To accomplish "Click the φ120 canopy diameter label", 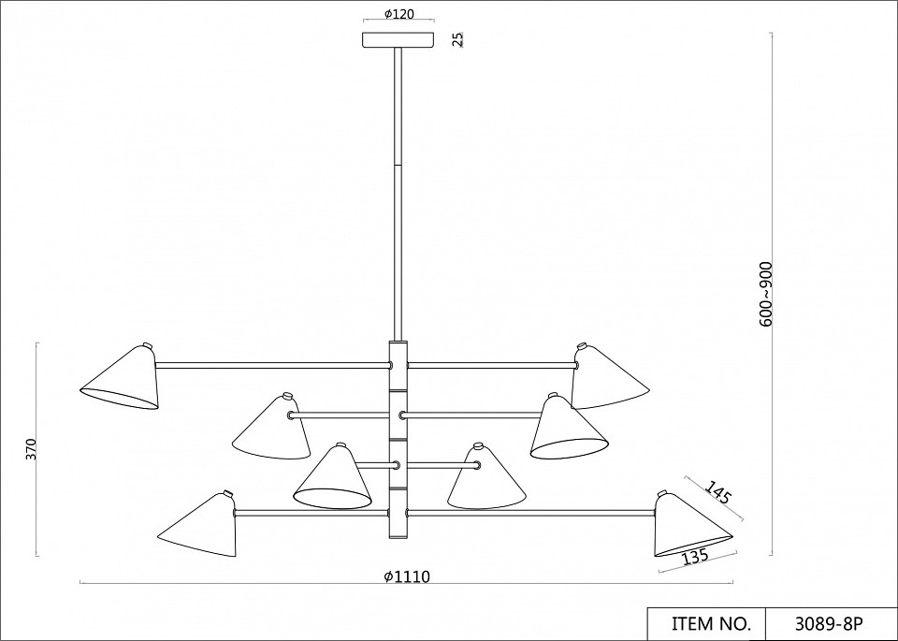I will point(398,15).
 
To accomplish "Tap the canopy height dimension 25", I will point(457,39).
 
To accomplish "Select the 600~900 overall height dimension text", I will point(767,294).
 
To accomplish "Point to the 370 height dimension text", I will point(31,449).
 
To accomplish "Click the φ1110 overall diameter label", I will point(407,577).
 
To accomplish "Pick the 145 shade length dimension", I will point(718,492).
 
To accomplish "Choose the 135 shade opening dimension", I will point(694,558).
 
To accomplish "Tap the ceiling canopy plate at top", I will point(398,39).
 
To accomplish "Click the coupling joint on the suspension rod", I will point(398,164).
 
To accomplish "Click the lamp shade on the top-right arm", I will point(606,377).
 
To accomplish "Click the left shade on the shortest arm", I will point(335,478).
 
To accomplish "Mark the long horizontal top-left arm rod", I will point(271,364).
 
